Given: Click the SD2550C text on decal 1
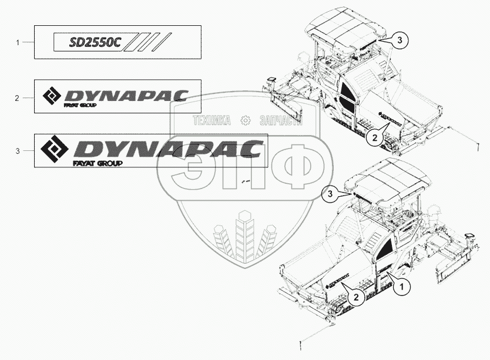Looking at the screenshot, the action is coord(95,42).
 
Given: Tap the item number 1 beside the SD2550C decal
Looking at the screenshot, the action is coord(18,42).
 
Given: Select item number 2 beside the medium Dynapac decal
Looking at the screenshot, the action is coord(17,98).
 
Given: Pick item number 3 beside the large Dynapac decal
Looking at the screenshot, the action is coord(18,152).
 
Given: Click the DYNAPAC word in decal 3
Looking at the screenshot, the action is coord(169,149).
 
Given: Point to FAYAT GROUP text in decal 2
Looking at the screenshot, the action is coord(80,105).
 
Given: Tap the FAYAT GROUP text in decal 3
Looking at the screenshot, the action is coord(98,163).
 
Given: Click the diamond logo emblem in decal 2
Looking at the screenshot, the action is coord(52,95).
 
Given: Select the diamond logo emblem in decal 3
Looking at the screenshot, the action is coord(55,149).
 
